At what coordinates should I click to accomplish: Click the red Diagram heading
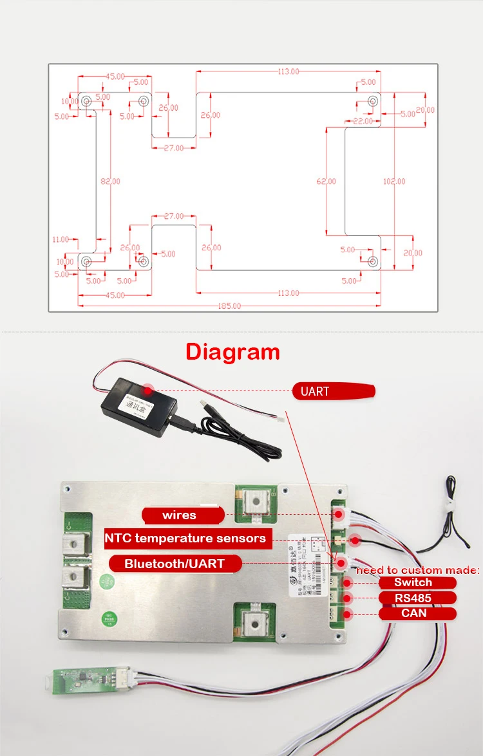(232, 352)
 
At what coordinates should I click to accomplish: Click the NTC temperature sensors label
(185, 539)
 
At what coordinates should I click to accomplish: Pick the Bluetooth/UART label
(175, 564)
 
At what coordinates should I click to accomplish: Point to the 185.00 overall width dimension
(229, 306)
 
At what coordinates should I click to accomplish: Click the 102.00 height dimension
(394, 181)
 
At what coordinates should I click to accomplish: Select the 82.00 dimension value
(110, 181)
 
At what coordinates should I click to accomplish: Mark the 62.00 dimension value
(326, 181)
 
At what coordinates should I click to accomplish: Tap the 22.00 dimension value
(363, 121)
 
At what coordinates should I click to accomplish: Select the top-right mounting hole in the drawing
(372, 102)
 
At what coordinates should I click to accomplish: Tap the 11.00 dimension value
(60, 239)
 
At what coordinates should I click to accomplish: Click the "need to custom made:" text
(417, 570)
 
